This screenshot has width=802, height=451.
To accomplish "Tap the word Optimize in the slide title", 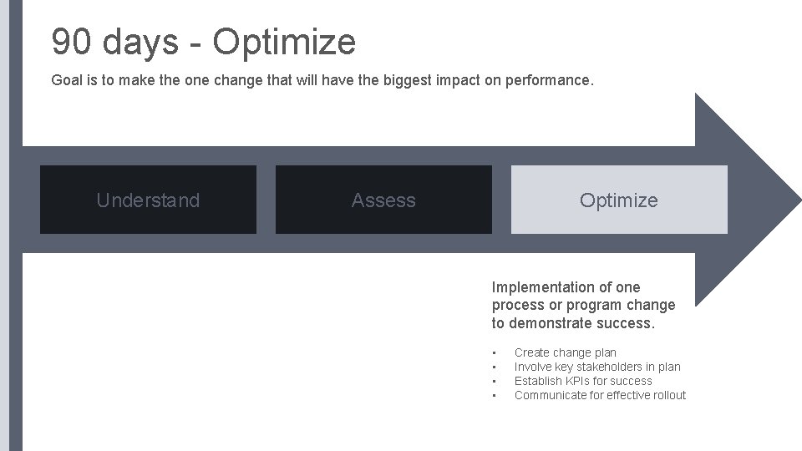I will coord(284,42).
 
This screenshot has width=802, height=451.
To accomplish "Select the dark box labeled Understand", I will coord(148,200).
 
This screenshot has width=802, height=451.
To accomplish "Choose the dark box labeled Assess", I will coord(383,200).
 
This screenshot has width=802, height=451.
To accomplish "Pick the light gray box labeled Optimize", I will coord(619,200).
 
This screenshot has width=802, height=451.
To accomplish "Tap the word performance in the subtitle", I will coord(549,81).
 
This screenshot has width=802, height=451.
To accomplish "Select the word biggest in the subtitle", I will coord(402,81).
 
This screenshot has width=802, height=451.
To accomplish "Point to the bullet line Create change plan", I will coord(566,352).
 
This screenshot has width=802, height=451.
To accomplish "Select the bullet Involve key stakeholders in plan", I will coord(597,367).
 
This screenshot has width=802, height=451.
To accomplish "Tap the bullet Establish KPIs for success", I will coord(583,381).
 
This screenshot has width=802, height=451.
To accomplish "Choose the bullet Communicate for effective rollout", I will coord(600,395).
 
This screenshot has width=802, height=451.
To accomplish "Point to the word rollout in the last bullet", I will coord(666,395).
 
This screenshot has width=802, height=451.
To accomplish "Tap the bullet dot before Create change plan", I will coord(495,352).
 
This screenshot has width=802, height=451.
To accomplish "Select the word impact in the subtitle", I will coord(456,81).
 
